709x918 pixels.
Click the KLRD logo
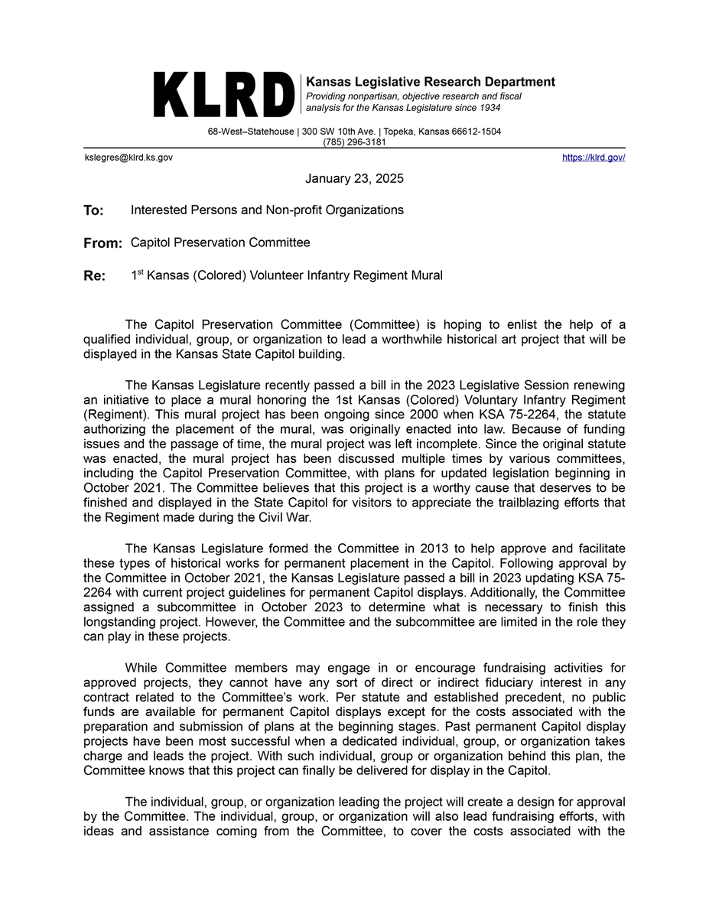[x=224, y=96]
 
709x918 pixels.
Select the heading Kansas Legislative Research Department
[x=431, y=82]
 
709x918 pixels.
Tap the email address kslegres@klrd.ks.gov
[x=128, y=157]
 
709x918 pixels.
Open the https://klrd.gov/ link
[x=594, y=157]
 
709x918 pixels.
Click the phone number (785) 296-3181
[x=354, y=142]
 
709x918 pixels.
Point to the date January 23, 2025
[x=354, y=179]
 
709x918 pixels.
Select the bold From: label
[x=102, y=243]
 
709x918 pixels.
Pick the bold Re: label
[x=94, y=276]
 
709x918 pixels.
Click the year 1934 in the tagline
[x=486, y=108]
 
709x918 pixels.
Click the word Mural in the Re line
[x=427, y=275]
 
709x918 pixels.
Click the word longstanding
[x=117, y=622]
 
